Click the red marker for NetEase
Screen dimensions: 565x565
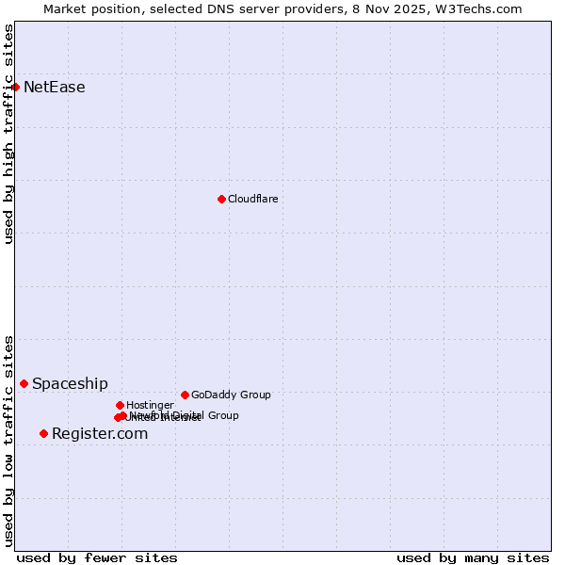click(x=15, y=87)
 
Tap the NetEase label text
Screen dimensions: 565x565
click(x=55, y=88)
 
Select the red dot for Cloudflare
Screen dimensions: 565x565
click(x=221, y=199)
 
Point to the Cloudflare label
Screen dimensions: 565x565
click(x=252, y=199)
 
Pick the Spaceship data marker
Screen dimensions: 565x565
click(x=24, y=383)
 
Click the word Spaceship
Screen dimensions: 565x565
click(x=70, y=384)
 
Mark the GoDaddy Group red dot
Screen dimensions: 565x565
click(x=185, y=395)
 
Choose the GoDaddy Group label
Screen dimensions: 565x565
click(x=231, y=395)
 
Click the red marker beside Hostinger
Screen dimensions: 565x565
click(x=120, y=405)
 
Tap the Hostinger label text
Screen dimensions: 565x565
click(x=150, y=406)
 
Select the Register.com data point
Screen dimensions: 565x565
click(x=43, y=433)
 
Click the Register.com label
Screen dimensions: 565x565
click(x=100, y=434)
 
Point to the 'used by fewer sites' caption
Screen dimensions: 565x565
click(x=97, y=557)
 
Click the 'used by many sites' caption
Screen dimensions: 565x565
click(x=473, y=557)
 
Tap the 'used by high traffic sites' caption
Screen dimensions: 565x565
click(x=9, y=134)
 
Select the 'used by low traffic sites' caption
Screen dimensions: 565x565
click(x=9, y=440)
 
